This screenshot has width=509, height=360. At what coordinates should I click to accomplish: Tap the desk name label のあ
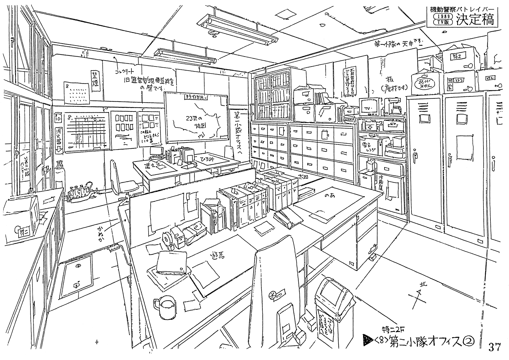(x=329, y=196)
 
